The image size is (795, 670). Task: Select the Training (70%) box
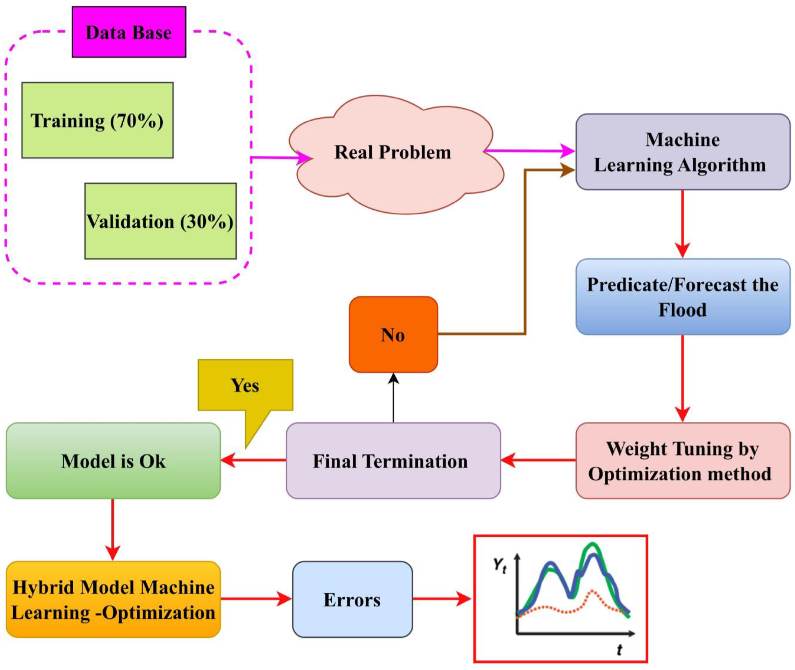[x=97, y=120]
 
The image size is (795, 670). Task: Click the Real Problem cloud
[x=393, y=153]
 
